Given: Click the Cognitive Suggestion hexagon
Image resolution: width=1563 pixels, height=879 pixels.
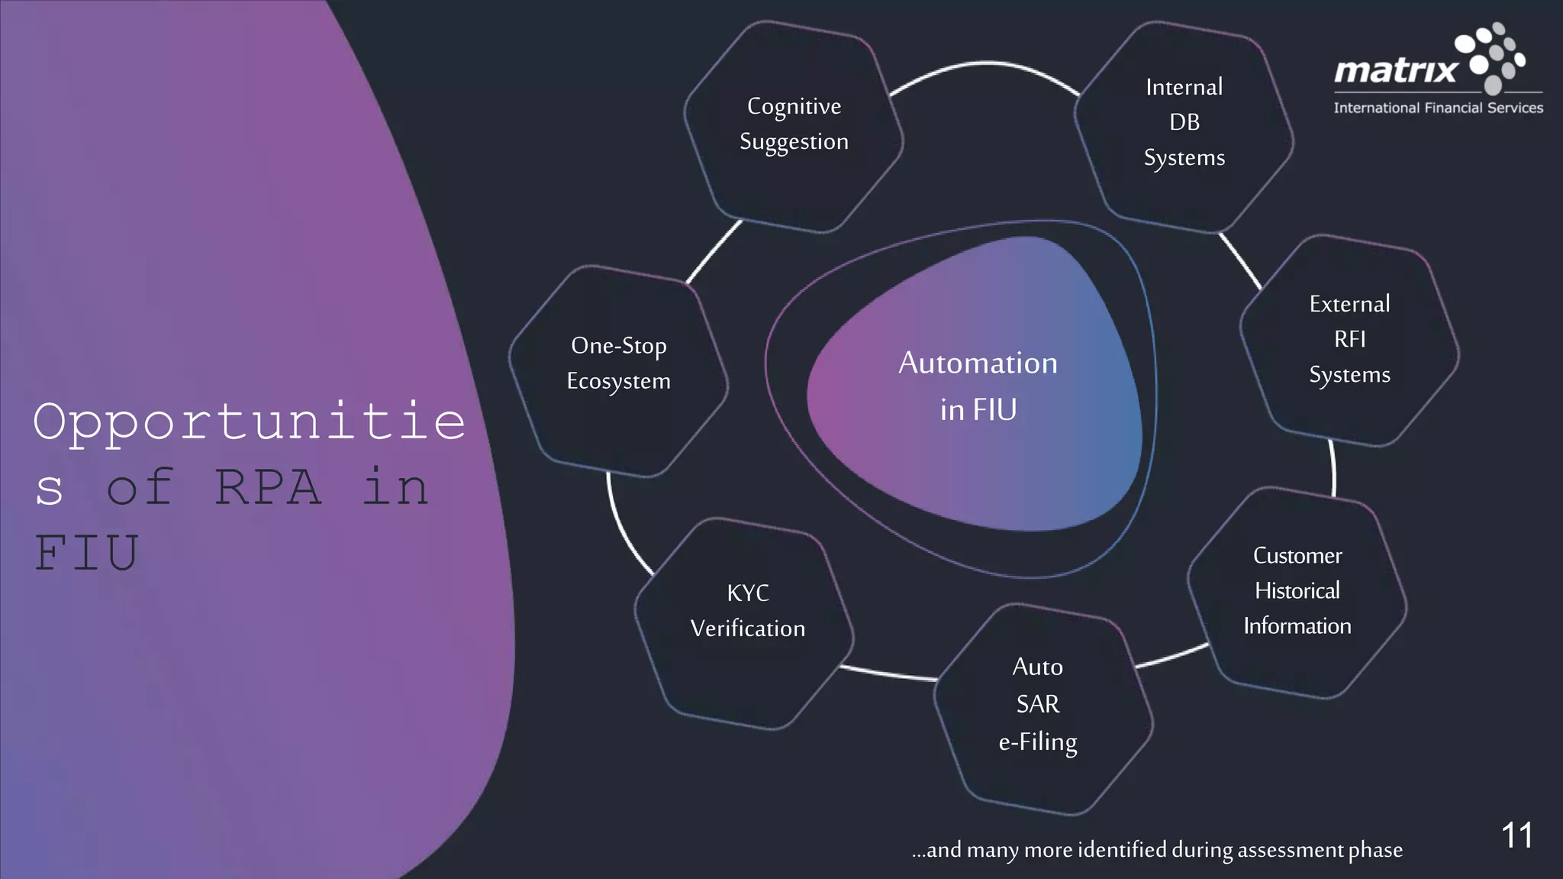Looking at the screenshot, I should pos(794,126).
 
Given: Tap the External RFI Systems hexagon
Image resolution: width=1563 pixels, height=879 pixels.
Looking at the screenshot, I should pos(1349,340).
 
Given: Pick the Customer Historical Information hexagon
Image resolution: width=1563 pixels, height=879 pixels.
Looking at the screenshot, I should pos(1297,592).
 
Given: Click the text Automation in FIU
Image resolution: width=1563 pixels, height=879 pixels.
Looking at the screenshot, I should pos(978,386).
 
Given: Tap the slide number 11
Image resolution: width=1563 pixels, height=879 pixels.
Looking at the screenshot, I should pos(1516,835).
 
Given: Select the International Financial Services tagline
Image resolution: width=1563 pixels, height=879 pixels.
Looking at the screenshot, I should pos(1438,108).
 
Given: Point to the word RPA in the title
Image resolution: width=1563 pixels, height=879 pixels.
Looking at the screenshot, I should pos(268,487).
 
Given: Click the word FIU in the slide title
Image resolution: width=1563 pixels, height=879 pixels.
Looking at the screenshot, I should pos(86,553).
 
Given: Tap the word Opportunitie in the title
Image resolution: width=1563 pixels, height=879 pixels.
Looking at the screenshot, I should pos(249,422).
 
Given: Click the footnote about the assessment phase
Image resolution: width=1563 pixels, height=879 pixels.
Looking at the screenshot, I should pos(1156,850).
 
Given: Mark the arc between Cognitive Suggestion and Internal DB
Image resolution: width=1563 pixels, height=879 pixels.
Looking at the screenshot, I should pos(985,64).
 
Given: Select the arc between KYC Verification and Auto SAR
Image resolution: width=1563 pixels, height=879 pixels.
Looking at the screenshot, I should pos(889,674).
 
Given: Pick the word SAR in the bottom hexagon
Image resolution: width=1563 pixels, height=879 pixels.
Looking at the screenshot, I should pos(1037,704).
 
